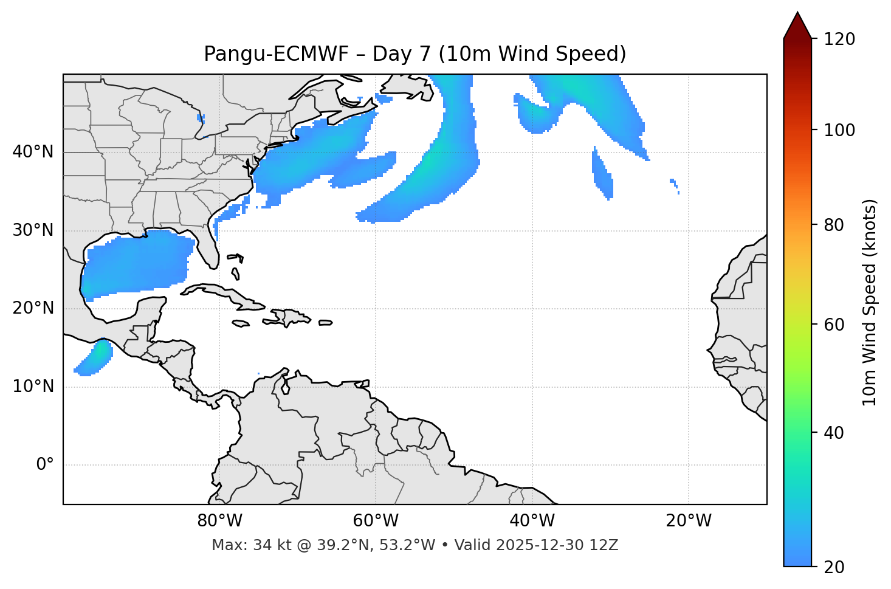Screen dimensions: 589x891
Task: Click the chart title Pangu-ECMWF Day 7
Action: (415, 54)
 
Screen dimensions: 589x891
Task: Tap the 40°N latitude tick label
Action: (33, 152)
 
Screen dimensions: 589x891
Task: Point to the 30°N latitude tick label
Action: (33, 230)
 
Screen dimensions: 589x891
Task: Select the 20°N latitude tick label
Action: (33, 308)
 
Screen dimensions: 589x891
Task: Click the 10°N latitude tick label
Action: (33, 387)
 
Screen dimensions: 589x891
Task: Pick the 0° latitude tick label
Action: (44, 465)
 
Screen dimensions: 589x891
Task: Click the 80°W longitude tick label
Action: (219, 521)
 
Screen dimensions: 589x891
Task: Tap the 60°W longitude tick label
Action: (376, 521)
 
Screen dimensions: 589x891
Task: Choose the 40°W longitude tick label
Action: (532, 521)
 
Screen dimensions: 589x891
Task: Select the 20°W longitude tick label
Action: (688, 521)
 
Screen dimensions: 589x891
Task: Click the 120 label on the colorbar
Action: (839, 39)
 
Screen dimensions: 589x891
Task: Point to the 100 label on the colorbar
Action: (839, 130)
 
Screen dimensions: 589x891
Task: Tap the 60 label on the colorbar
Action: (834, 325)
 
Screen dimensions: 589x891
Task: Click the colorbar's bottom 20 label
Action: (834, 567)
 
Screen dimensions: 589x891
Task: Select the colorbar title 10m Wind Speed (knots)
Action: (870, 302)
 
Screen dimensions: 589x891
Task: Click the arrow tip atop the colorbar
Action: (797, 13)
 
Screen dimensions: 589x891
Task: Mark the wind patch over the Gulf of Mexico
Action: (137, 264)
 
